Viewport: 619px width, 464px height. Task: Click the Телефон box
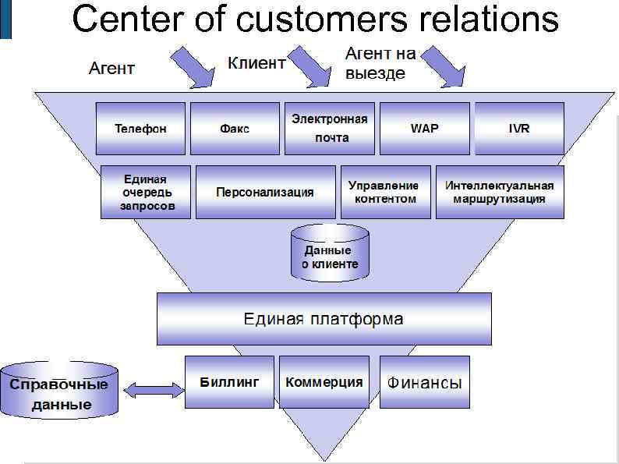pos(140,129)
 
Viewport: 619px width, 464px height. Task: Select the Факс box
pos(235,129)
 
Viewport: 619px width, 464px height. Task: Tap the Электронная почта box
pos(330,129)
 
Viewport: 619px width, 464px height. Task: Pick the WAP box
pos(424,129)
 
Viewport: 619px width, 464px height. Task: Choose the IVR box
pos(518,129)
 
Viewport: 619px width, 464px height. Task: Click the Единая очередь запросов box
pos(145,192)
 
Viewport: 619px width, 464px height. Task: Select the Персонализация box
pos(265,192)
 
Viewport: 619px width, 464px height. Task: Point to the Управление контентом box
pos(385,192)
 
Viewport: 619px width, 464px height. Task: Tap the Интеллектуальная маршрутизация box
pos(499,192)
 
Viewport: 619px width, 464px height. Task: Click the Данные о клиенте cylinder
pos(330,253)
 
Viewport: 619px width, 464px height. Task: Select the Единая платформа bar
pos(324,319)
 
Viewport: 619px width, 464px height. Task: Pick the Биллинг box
pos(229,382)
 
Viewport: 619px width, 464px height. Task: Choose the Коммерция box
pos(324,382)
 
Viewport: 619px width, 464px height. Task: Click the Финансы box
pos(425,382)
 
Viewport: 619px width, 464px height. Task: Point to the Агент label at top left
pos(111,69)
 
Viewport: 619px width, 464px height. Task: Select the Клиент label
pos(256,63)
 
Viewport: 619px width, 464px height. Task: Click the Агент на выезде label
pos(380,63)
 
